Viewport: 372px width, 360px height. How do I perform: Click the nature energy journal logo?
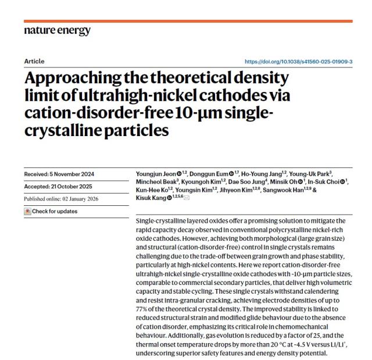[x=57, y=30]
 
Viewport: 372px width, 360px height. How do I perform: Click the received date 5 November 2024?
[x=73, y=174]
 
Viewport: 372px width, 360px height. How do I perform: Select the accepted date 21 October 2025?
[x=73, y=186]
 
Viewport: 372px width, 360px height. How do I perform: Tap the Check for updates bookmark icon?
[x=27, y=211]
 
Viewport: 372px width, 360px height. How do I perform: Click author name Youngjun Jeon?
[x=149, y=174]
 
